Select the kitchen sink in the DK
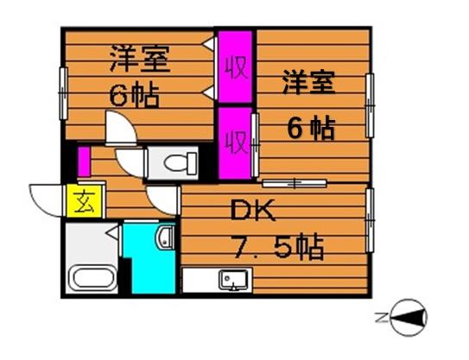tap(231, 280)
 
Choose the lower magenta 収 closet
tap(233, 138)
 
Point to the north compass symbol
tap(409, 318)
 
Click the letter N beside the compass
tap(381, 318)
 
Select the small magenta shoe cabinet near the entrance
tap(85, 161)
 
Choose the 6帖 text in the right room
tap(311, 129)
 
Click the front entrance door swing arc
tap(45, 197)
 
